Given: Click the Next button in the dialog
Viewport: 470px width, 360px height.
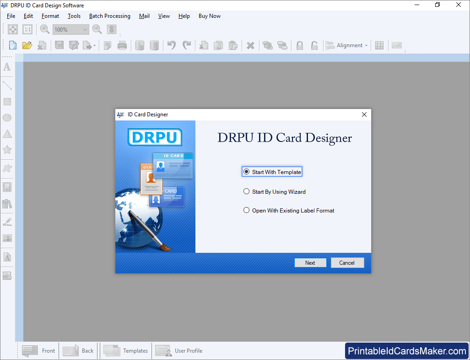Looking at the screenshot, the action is (310, 262).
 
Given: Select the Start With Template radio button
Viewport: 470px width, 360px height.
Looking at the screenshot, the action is (246, 172).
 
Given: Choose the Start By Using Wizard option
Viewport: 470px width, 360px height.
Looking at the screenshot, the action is (246, 191).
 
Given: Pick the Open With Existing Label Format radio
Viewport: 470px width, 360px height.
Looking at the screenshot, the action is (246, 210).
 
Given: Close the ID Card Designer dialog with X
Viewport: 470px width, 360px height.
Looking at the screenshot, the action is (364, 115).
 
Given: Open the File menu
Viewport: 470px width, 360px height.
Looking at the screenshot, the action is (11, 16).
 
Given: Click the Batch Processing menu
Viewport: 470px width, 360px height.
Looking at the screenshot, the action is (110, 16).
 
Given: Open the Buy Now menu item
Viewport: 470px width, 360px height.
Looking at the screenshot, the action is (210, 16).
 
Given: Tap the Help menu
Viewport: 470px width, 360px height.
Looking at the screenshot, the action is (184, 16).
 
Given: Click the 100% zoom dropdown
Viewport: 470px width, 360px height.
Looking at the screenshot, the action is (71, 29).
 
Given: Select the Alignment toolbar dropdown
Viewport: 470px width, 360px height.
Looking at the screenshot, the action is (347, 45).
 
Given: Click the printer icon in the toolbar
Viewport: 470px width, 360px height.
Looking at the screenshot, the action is (122, 45).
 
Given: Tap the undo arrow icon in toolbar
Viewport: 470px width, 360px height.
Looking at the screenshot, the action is (172, 45).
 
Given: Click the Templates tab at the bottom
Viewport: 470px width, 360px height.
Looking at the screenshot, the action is (126, 350).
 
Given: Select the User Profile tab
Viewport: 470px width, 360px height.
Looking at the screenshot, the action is (179, 350).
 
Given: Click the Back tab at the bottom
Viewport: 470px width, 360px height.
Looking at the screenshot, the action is (78, 350).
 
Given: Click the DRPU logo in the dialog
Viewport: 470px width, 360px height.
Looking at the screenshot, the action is (155, 137).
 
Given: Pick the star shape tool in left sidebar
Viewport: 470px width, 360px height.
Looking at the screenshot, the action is (7, 149).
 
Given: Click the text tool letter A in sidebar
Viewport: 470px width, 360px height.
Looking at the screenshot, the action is (7, 67).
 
